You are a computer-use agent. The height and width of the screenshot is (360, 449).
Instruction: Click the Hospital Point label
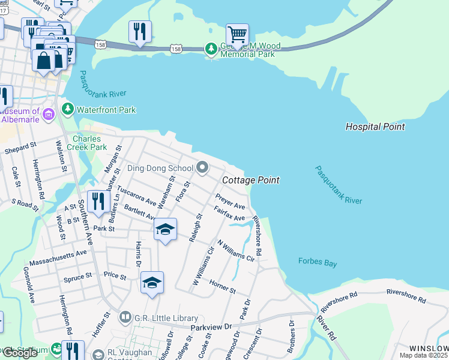(375, 127)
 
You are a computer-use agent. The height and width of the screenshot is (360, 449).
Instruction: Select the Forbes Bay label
(318, 261)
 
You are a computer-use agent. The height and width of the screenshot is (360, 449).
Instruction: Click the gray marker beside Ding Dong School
(203, 168)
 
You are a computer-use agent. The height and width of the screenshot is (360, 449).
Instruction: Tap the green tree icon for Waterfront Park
(67, 110)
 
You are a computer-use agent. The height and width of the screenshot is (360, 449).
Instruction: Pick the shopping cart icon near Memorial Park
(237, 35)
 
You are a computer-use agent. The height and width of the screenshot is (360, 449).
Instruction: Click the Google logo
(20, 353)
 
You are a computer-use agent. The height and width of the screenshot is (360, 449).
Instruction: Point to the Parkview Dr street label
(211, 327)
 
